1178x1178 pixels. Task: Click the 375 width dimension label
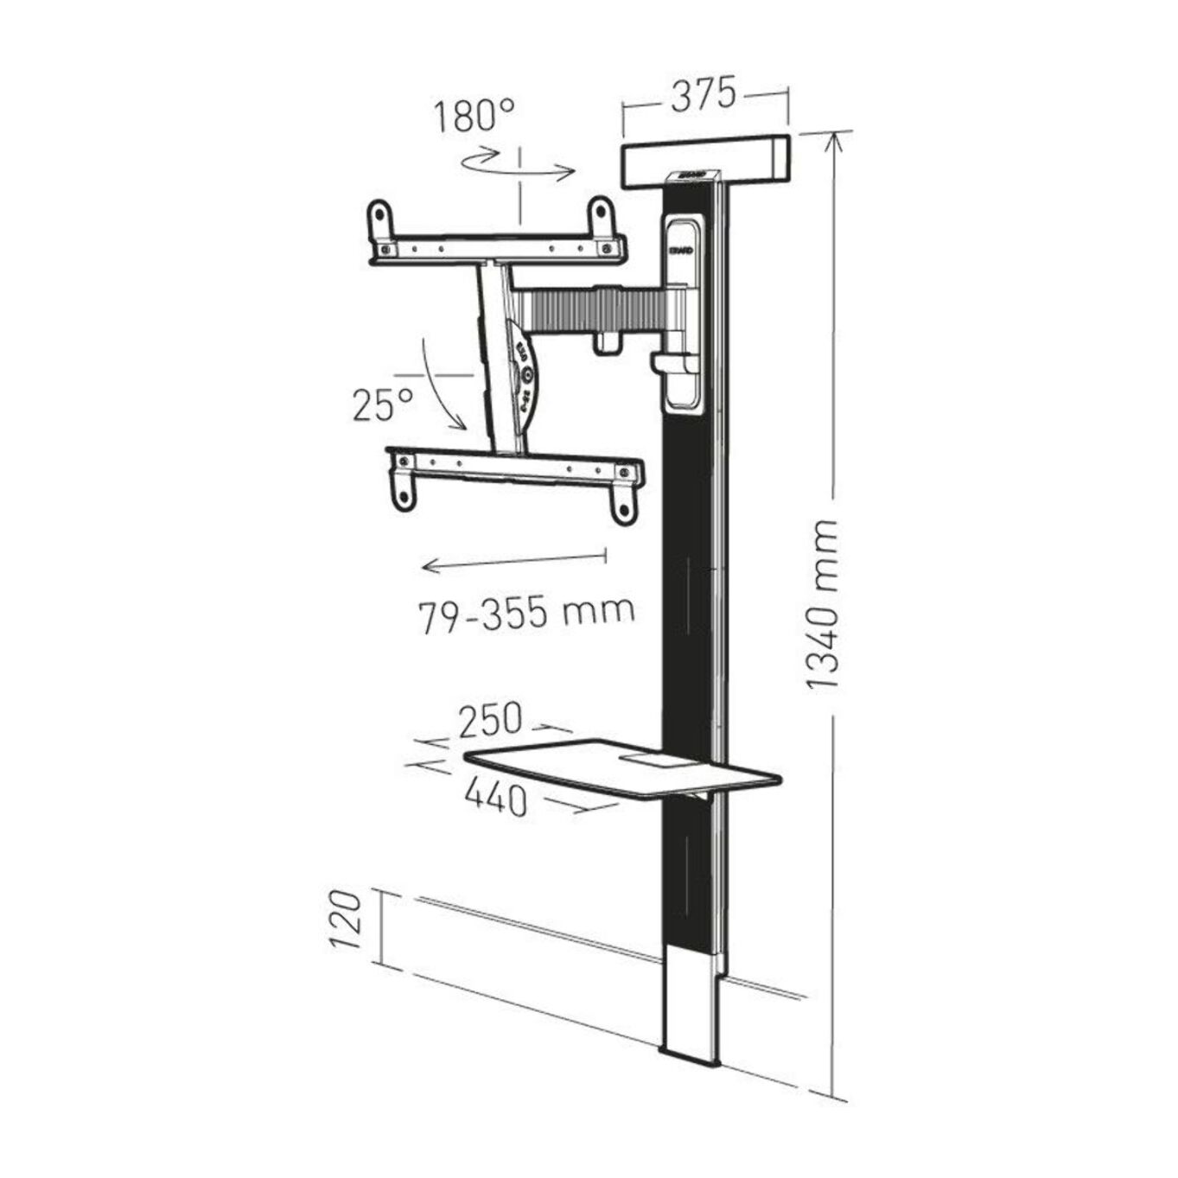coord(704,94)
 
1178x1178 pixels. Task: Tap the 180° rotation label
coord(474,116)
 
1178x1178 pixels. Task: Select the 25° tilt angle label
coord(382,404)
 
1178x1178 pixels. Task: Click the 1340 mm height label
coord(822,604)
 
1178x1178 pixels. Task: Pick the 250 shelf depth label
coord(490,719)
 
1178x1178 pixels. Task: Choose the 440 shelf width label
coord(496,796)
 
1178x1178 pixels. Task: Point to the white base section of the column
coord(689,1007)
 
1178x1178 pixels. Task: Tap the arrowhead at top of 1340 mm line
coord(834,139)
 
